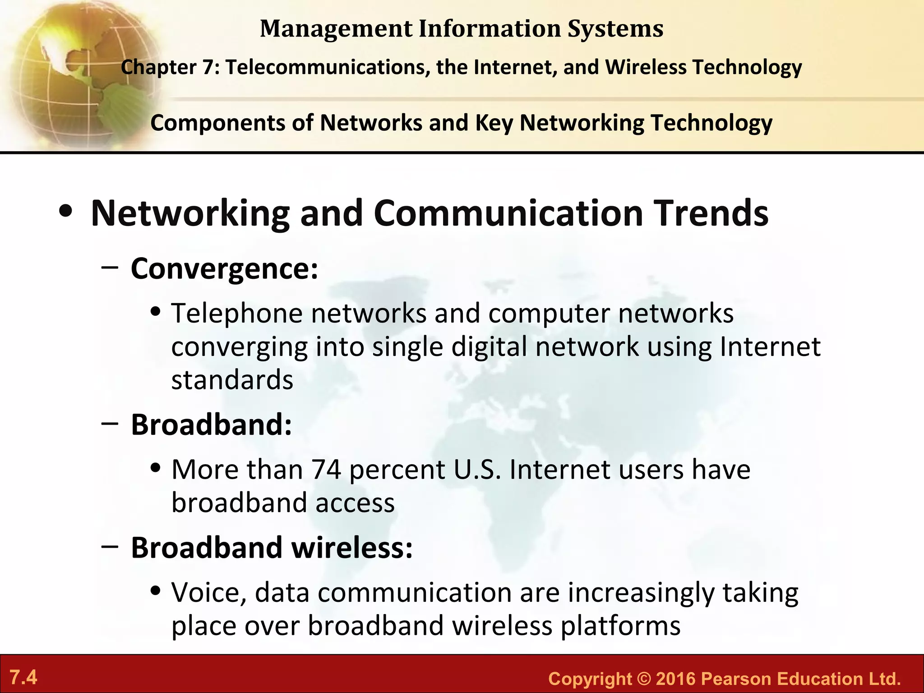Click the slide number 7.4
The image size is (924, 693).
(23, 677)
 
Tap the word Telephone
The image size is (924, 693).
(237, 313)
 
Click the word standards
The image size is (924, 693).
(232, 380)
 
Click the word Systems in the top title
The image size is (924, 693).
(615, 28)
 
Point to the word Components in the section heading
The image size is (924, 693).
(218, 123)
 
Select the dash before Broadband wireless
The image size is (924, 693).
(110, 546)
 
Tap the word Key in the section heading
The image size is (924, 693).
(494, 123)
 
